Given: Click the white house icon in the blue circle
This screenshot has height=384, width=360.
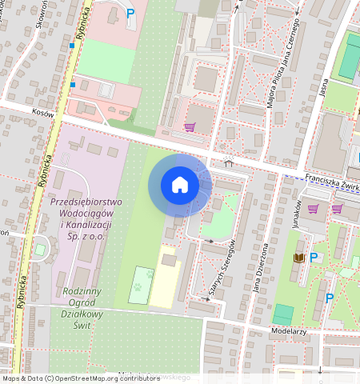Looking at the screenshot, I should (180, 185).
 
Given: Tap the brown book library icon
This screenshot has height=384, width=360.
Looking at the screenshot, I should (299, 257).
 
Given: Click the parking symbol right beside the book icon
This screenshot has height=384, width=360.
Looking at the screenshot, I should (314, 257).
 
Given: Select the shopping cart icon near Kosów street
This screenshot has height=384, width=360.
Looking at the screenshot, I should (190, 127).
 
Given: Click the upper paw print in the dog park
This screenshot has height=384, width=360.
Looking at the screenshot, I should (149, 274).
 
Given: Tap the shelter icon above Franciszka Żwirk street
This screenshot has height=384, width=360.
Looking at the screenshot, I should (230, 163).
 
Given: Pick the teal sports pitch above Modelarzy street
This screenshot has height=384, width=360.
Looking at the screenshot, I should (283, 314).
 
